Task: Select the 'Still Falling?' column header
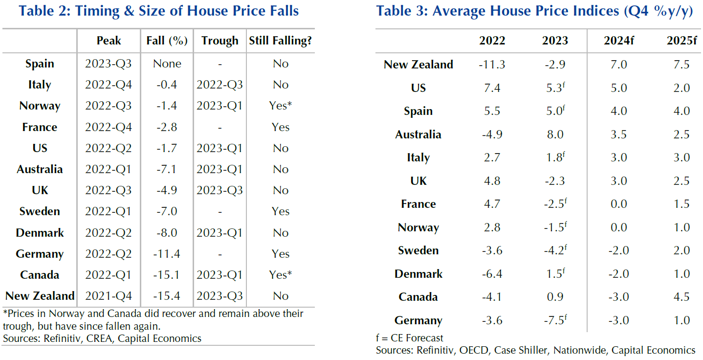click(280, 41)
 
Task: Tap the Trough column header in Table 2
click(220, 41)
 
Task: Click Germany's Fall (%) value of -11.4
click(167, 254)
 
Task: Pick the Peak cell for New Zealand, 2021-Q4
click(108, 296)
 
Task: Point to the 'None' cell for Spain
click(167, 64)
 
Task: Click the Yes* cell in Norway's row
click(280, 106)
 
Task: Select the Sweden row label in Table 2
click(40, 212)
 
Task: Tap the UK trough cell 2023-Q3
click(220, 190)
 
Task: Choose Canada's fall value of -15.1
click(167, 275)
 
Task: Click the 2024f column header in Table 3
click(618, 41)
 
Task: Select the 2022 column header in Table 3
click(492, 41)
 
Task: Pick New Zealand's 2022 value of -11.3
click(492, 65)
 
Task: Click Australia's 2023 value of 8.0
click(555, 135)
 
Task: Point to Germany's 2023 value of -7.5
click(555, 320)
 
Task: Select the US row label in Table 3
click(418, 88)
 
